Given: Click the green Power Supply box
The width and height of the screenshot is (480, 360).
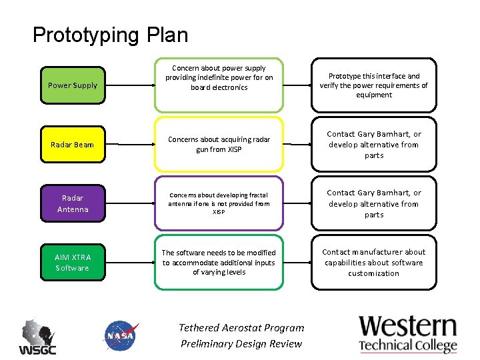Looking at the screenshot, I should pos(73,85).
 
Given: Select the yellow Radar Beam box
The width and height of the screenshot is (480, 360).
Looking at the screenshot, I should pos(73,145).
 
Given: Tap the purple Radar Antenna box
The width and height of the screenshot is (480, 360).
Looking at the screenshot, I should pos(73,203).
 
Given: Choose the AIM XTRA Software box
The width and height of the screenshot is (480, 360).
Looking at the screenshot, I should pos(73,263).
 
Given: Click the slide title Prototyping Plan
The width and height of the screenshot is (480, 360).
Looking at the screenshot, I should pos(110,35).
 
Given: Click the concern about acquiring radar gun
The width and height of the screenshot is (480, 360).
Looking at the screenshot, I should pos(219,145).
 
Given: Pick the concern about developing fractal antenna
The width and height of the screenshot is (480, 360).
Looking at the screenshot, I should pos(219,203).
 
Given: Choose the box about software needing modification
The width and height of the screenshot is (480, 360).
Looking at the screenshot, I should pos(219,262).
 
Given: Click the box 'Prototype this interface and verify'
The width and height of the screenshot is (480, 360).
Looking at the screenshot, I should pos(373,85).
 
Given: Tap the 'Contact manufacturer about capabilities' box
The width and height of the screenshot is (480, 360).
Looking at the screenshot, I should pos(373,263).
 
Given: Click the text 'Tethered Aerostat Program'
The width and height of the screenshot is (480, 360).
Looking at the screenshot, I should pos(241,327).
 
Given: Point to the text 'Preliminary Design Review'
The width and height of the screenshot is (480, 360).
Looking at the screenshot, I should pos(241,344).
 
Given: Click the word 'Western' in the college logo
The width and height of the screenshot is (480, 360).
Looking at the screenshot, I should pos(408,327).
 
